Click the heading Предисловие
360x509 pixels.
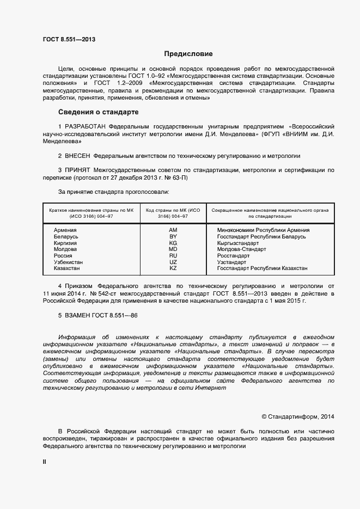click(x=188, y=54)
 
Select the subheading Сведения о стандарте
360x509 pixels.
click(x=98, y=113)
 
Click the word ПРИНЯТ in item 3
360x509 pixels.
click(x=77, y=170)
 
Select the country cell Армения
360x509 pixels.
click(x=65, y=230)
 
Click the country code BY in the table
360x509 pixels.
click(x=173, y=237)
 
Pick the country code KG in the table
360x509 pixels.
click(x=173, y=243)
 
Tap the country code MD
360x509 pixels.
click(x=173, y=249)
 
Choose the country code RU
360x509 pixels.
click(x=173, y=256)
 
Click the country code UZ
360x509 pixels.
click(x=173, y=262)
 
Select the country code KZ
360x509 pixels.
click(x=173, y=268)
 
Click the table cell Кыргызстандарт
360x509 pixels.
click(x=242, y=243)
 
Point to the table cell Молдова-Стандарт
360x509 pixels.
click(x=241, y=249)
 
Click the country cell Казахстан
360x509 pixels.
click(x=66, y=268)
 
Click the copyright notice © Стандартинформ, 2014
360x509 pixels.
click(x=298, y=417)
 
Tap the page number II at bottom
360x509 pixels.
click(x=45, y=462)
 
